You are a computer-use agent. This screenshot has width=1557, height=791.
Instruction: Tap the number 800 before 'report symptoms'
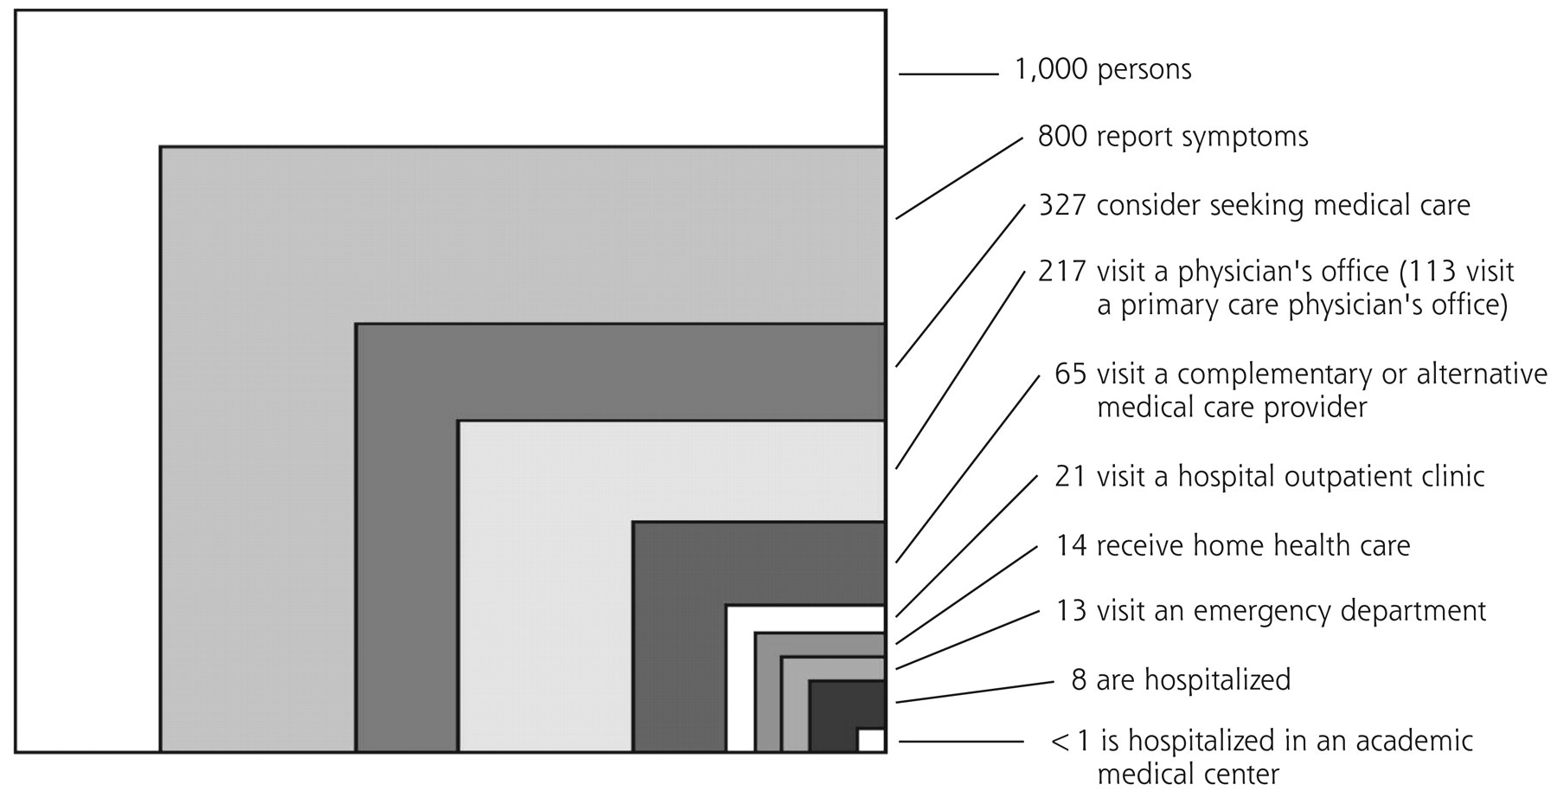click(1062, 137)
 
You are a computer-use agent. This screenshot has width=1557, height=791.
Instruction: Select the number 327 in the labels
click(1062, 205)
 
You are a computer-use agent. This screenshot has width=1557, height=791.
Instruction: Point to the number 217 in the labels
click(1062, 272)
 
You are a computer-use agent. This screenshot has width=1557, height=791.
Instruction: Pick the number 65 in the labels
click(1071, 374)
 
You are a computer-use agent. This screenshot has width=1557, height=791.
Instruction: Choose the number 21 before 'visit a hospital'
click(1070, 476)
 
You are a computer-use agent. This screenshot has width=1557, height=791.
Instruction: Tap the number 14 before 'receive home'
click(1070, 545)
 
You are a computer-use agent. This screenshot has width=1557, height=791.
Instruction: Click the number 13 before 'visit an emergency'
click(1071, 611)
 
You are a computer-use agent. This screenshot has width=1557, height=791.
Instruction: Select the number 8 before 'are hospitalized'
click(1079, 679)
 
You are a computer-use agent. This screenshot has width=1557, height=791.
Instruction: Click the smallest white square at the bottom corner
click(870, 741)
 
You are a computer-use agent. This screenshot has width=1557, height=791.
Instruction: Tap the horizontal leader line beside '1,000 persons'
click(949, 74)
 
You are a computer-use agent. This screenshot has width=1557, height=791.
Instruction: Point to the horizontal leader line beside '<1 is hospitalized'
click(961, 742)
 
